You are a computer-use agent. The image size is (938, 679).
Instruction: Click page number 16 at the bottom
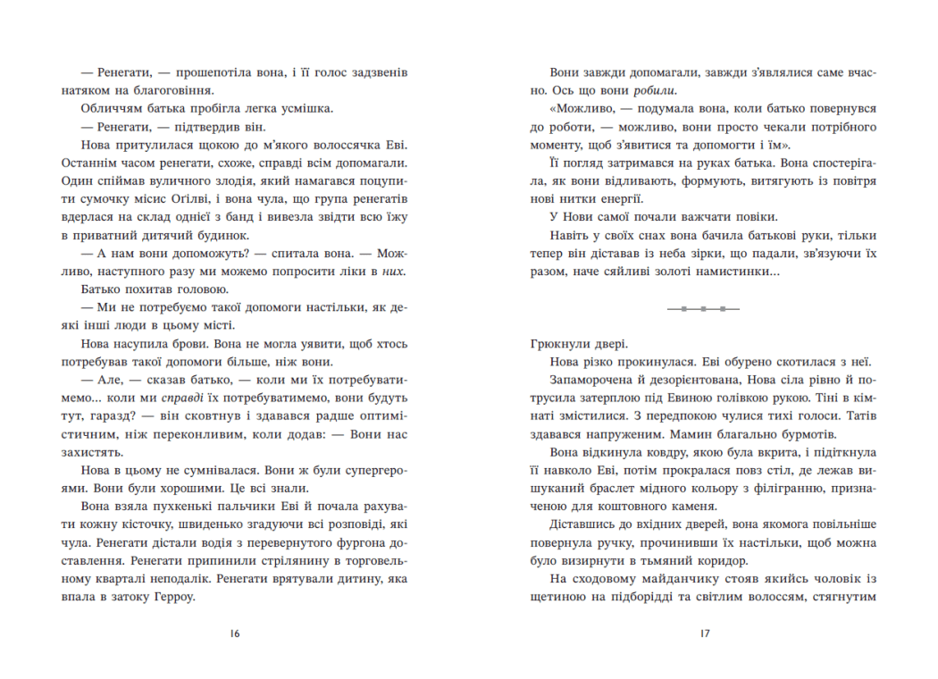234,634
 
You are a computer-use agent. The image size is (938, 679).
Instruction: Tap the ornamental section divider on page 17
703,308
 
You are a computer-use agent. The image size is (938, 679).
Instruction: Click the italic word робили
655,90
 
